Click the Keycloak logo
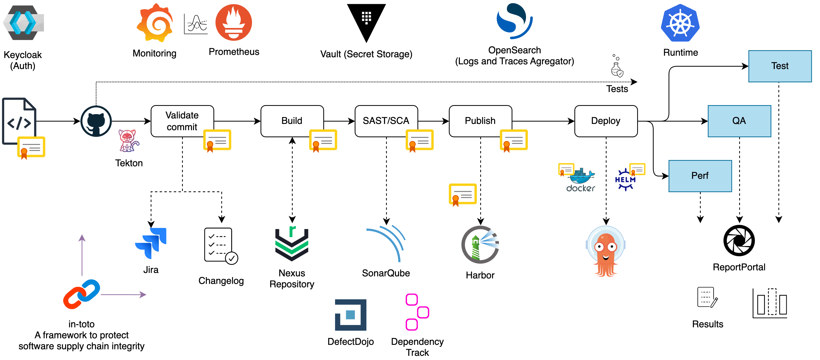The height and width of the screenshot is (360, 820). tap(23, 23)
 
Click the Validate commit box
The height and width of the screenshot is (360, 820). tap(182, 121)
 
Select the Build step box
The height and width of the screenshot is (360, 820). tap(292, 121)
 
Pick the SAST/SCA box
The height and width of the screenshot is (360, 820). tap(386, 121)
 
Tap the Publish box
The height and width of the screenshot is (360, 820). tap(480, 121)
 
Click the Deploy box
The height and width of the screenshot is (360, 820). tap(606, 121)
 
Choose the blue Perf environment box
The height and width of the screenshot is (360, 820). tap(700, 176)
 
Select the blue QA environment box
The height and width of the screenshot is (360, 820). tap(739, 121)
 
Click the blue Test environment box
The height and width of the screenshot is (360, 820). tap(779, 66)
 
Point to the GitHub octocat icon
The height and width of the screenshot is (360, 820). tap(96, 121)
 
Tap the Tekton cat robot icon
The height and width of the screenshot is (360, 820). tap(128, 140)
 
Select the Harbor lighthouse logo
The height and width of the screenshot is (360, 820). tap(480, 245)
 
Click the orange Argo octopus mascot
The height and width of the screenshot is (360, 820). tap(606, 252)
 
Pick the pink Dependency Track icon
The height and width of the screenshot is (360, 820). tap(417, 312)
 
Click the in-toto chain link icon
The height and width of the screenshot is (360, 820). tap(82, 294)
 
